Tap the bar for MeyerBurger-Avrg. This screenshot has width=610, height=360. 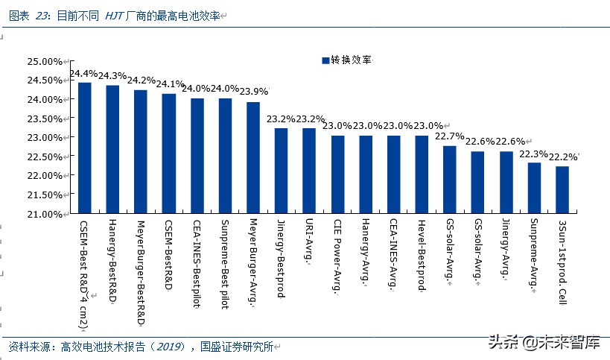(253, 158)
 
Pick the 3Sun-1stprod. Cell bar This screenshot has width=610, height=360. (562, 190)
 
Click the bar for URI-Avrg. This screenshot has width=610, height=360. (309, 171)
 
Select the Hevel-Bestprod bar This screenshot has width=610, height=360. (422, 174)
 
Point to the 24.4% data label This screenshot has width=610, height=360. (83, 74)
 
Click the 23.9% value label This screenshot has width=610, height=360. (253, 92)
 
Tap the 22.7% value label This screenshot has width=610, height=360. (450, 136)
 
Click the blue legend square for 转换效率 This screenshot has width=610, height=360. (325, 60)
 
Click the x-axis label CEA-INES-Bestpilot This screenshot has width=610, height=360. (197, 258)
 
